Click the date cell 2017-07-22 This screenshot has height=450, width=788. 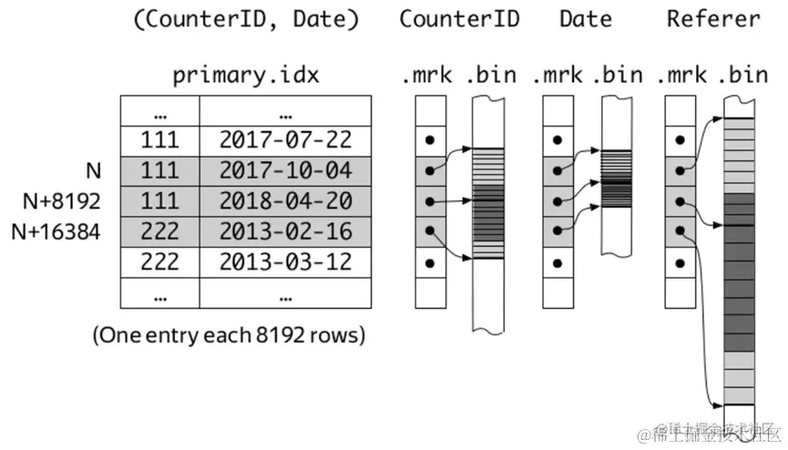click(285, 140)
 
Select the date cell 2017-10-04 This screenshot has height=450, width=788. click(285, 170)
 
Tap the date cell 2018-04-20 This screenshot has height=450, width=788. click(285, 200)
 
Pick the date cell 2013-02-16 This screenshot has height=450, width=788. click(285, 231)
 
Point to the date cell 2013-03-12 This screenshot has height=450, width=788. click(285, 261)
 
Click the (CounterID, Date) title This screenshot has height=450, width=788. click(246, 19)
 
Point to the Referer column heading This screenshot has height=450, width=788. click(713, 18)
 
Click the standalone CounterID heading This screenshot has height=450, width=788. click(459, 18)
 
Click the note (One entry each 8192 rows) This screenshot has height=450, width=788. click(229, 334)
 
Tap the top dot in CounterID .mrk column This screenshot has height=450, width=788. click(430, 141)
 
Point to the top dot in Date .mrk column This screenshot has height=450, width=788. click(557, 141)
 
